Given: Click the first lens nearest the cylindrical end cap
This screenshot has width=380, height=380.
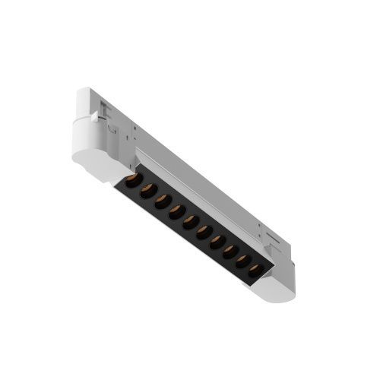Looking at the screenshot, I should pos(131,181).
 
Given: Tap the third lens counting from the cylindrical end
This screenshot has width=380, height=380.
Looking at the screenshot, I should pos(162,201).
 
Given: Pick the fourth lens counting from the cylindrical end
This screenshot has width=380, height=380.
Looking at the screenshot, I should pos(176,211).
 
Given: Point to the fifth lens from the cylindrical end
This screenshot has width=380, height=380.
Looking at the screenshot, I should pos(190,221).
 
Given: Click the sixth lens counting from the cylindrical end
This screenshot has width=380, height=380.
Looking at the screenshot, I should pos(204,231).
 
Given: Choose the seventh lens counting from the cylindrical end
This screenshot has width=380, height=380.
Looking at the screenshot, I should pos(217,241).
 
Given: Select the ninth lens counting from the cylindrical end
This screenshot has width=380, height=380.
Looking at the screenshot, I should pos(242,260).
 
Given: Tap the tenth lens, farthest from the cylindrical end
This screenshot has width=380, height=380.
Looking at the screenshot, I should pos(255,269).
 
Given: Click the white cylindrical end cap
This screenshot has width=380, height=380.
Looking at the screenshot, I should pos(91,152).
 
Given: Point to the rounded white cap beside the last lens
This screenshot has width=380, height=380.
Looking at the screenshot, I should pos(278,288).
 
